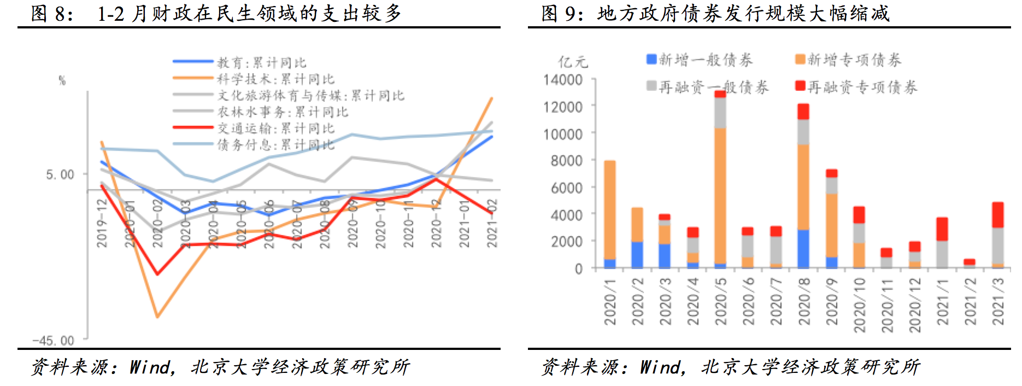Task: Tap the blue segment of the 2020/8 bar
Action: coord(803,249)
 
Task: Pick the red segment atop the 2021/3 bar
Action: coord(997,215)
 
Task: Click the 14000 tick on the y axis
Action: coord(563,80)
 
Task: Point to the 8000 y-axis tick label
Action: coord(566,160)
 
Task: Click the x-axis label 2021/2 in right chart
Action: coord(970,301)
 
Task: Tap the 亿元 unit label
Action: coord(572,61)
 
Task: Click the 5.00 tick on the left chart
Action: coord(60,175)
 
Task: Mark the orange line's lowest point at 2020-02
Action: coord(157,317)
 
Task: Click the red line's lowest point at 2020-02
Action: coord(157,274)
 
